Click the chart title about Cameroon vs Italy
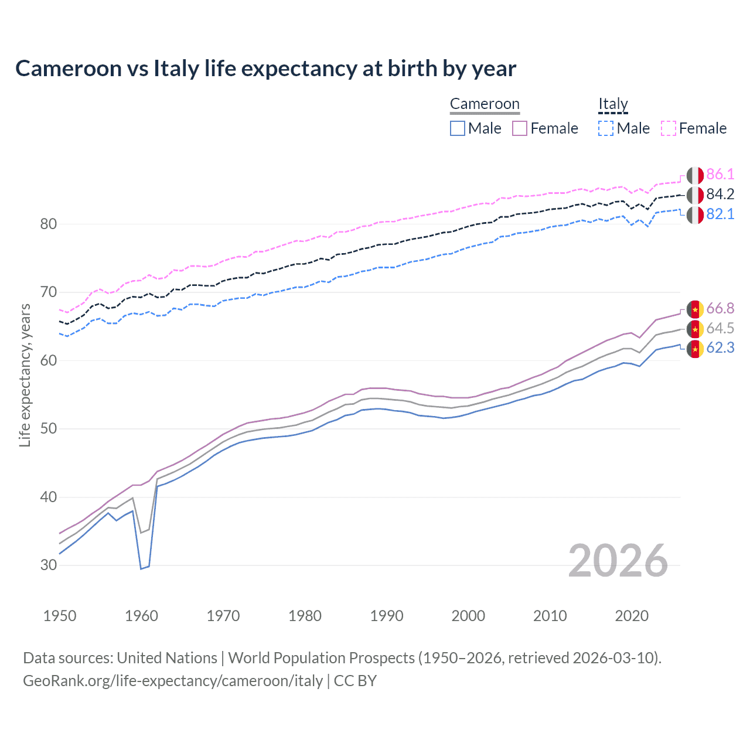coord(265,69)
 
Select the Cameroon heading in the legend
coord(485,104)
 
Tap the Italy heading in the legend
coord(613,104)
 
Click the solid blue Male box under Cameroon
coord(458,128)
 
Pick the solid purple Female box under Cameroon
coord(520,128)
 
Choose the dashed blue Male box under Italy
coord(606,128)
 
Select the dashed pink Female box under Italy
coord(669,128)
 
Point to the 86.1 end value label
coord(720,175)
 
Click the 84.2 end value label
coord(720,195)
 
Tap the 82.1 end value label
coord(720,214)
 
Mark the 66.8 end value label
coord(720,309)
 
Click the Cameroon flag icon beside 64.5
coord(695,329)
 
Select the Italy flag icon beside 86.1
coord(695,175)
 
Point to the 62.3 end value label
coord(720,348)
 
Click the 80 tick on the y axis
coord(49,224)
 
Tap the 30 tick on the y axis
coord(49,565)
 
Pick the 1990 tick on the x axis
coord(387,616)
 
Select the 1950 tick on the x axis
coord(60,616)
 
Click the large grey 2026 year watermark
coord(618,561)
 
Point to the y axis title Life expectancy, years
coord(25,375)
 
